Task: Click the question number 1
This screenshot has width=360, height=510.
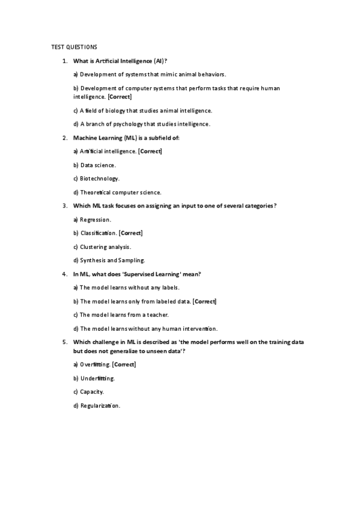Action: tap(64, 61)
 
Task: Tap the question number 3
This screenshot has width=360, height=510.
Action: tap(64, 206)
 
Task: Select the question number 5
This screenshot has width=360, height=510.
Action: tap(64, 342)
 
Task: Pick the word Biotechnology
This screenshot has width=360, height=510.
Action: tap(100, 179)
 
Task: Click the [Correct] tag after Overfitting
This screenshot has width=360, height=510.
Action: tap(124, 364)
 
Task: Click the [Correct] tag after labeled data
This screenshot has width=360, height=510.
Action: tap(204, 301)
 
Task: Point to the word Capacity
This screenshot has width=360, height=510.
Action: tap(92, 392)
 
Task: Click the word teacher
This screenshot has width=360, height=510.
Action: tap(158, 315)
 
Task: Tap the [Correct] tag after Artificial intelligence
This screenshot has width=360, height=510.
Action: tap(150, 151)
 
